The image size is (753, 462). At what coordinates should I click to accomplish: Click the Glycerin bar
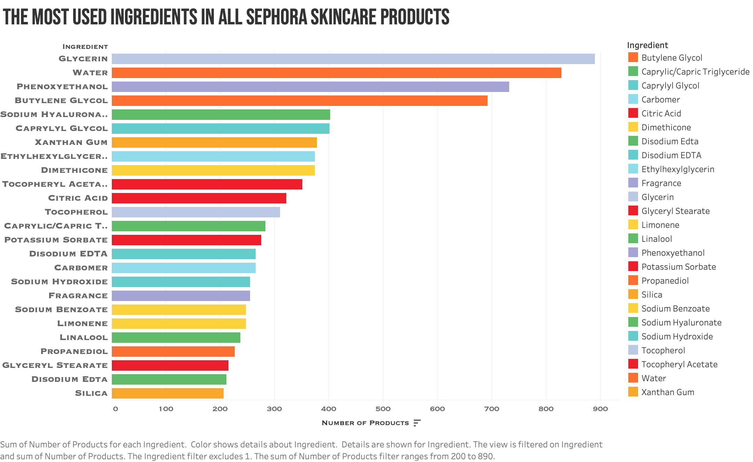point(353,59)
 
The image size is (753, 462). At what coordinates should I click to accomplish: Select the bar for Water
point(336,73)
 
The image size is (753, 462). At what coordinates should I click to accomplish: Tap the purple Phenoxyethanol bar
point(310,87)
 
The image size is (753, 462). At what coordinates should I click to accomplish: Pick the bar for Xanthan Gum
point(214,143)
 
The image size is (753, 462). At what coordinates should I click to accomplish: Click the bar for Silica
point(168,393)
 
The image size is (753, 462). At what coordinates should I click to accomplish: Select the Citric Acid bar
point(199,198)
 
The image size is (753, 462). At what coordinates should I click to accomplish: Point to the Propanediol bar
point(173,352)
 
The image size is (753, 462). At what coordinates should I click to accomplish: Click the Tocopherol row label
point(76,212)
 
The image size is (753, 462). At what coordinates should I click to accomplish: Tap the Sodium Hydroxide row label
point(59,282)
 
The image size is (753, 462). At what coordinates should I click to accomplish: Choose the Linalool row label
point(84,338)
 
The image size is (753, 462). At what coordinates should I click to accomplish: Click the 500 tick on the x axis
point(383,409)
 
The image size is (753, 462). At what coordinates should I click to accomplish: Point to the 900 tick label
point(600,409)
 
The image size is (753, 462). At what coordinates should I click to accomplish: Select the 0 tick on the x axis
point(115,409)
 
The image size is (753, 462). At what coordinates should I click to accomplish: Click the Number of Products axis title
point(365,423)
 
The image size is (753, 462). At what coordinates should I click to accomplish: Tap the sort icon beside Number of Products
point(417,423)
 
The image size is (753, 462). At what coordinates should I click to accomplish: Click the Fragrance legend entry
point(661,183)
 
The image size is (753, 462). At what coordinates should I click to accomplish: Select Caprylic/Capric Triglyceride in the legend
point(695,72)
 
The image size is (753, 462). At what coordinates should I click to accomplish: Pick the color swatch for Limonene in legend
point(633,225)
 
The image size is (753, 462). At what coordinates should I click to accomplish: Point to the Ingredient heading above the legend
point(647,45)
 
